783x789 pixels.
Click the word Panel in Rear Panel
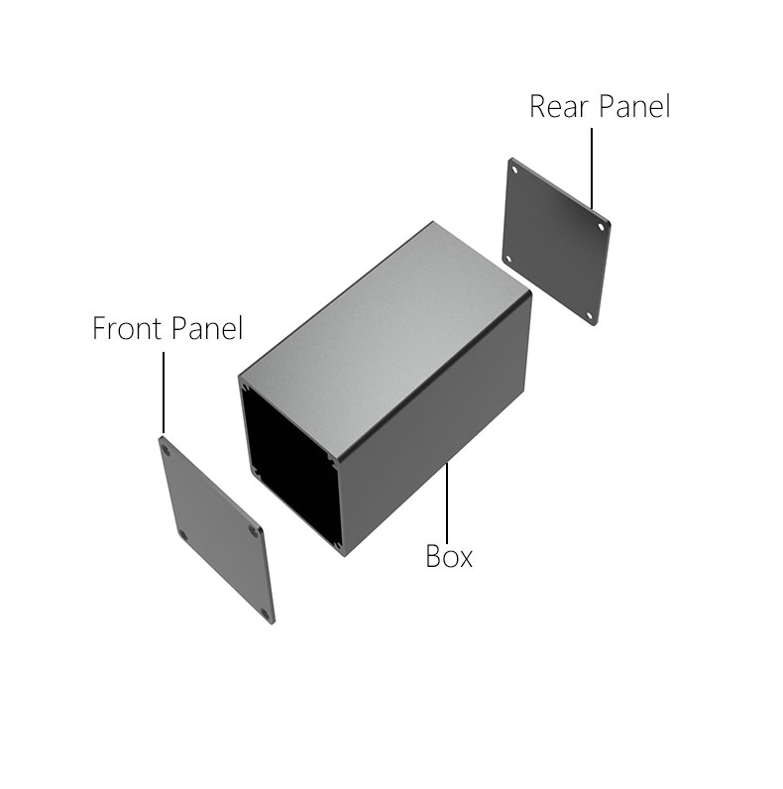[634, 106]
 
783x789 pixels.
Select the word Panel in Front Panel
[207, 328]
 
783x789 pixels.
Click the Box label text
[449, 556]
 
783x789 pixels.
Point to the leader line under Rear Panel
[592, 169]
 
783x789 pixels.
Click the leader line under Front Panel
[164, 393]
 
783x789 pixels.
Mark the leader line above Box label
[447, 502]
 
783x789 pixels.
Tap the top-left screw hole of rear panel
[514, 170]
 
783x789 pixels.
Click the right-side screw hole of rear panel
[601, 227]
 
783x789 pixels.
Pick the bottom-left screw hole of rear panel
[508, 260]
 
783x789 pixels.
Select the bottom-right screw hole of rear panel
[590, 316]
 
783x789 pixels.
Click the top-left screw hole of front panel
[167, 450]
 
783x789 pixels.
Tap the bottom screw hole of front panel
[266, 614]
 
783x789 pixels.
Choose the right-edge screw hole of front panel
[253, 531]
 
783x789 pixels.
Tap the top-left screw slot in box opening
[246, 389]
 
